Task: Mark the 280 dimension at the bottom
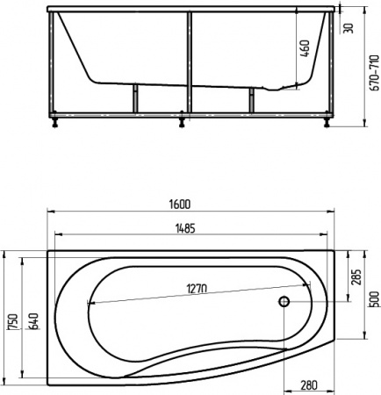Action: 308,384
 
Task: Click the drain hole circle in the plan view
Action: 284,303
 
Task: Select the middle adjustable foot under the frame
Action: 183,122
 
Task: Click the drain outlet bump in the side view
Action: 277,89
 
